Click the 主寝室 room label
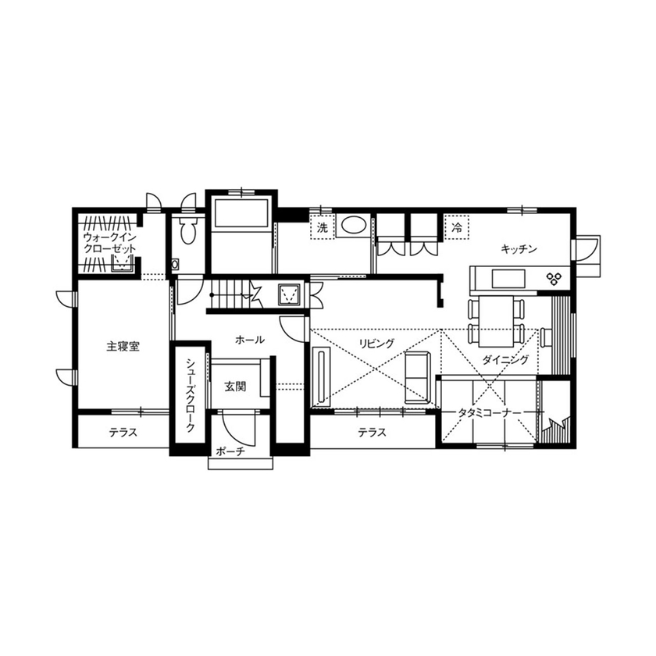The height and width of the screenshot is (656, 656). [123, 346]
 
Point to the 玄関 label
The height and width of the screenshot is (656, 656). [235, 386]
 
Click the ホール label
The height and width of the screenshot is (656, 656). [249, 340]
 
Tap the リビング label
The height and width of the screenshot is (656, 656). [376, 343]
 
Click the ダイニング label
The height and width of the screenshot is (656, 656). [505, 360]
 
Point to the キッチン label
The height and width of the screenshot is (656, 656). [519, 249]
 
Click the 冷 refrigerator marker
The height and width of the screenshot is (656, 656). [456, 227]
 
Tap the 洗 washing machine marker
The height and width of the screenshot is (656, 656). [321, 228]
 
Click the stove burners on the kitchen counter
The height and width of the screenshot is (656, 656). [557, 277]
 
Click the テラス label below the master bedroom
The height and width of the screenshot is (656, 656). [123, 433]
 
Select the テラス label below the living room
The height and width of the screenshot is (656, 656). [372, 433]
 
